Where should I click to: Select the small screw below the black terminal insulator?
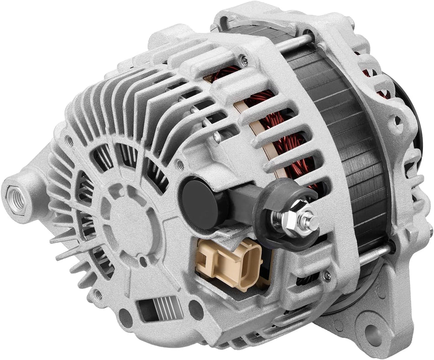pyautogui.click(x=326, y=275)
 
